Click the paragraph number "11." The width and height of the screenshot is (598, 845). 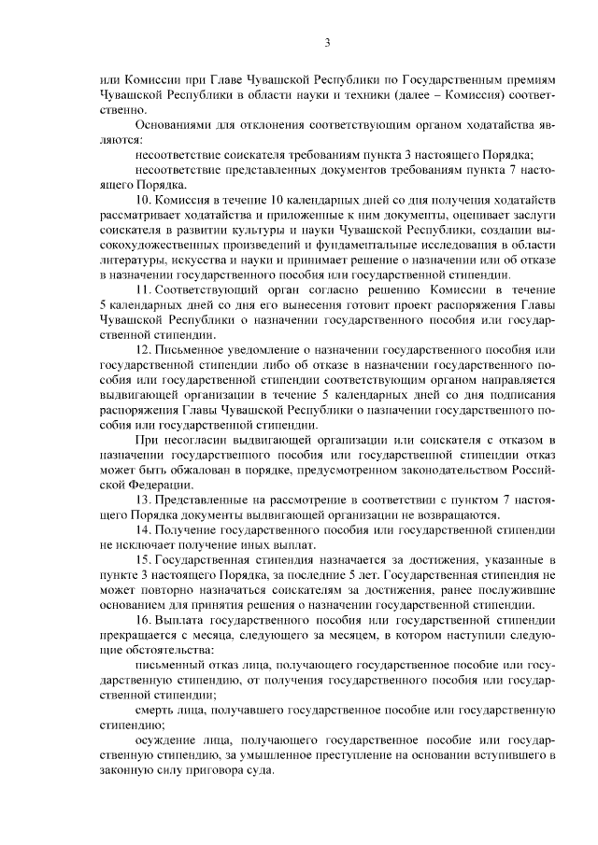pos(145,292)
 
